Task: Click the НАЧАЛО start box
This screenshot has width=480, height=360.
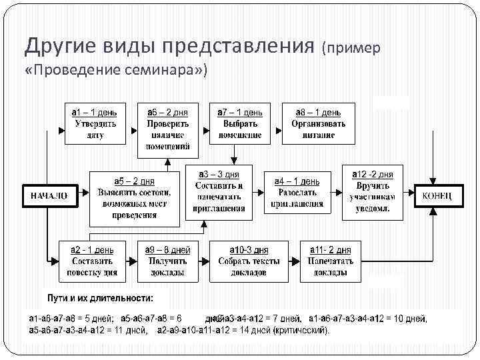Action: [x=48, y=196]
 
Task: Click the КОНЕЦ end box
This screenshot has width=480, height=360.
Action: [x=437, y=196]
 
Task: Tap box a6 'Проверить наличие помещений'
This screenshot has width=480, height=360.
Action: [x=168, y=130]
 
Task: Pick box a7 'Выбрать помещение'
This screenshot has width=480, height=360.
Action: [x=240, y=123]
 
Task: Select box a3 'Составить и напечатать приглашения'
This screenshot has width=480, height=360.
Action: [x=220, y=192]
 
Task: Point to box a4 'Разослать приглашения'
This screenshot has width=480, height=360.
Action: [x=297, y=193]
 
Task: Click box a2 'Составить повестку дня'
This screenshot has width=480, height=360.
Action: [x=92, y=261]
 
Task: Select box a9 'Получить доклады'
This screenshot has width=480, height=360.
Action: [x=167, y=261]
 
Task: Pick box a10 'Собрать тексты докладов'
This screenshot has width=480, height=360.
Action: [x=247, y=261]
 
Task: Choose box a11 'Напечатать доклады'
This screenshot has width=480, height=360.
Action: [x=329, y=261]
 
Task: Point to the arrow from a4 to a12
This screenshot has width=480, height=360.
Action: [x=336, y=193]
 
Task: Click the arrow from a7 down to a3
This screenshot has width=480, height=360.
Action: [x=234, y=154]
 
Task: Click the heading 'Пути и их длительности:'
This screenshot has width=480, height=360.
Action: [x=99, y=297]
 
